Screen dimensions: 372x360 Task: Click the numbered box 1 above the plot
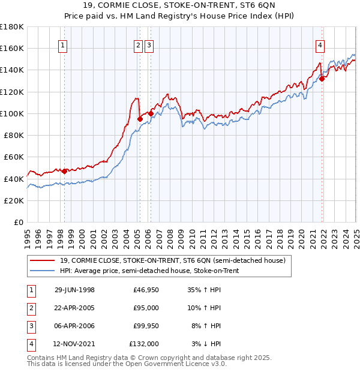[x=62, y=44]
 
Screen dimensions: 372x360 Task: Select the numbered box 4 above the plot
[x=320, y=44]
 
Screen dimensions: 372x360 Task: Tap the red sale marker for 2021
[x=322, y=78]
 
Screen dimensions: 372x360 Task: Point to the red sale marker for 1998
[x=65, y=171]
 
